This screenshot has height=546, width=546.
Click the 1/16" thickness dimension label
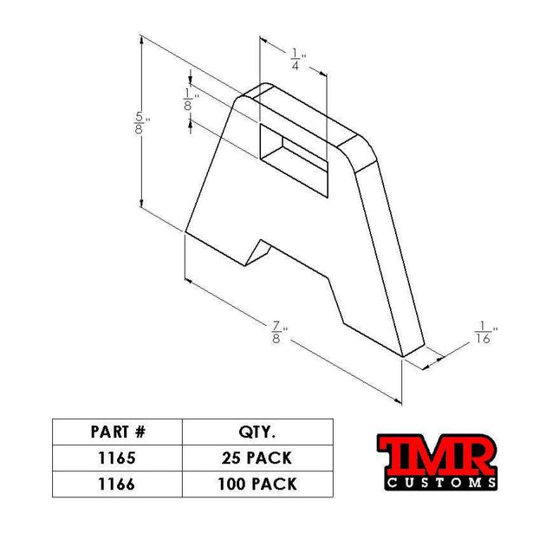coord(485,335)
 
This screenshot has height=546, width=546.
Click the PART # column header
coord(117,432)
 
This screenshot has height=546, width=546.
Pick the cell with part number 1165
coord(117,458)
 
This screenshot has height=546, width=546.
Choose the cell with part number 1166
coord(117,484)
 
